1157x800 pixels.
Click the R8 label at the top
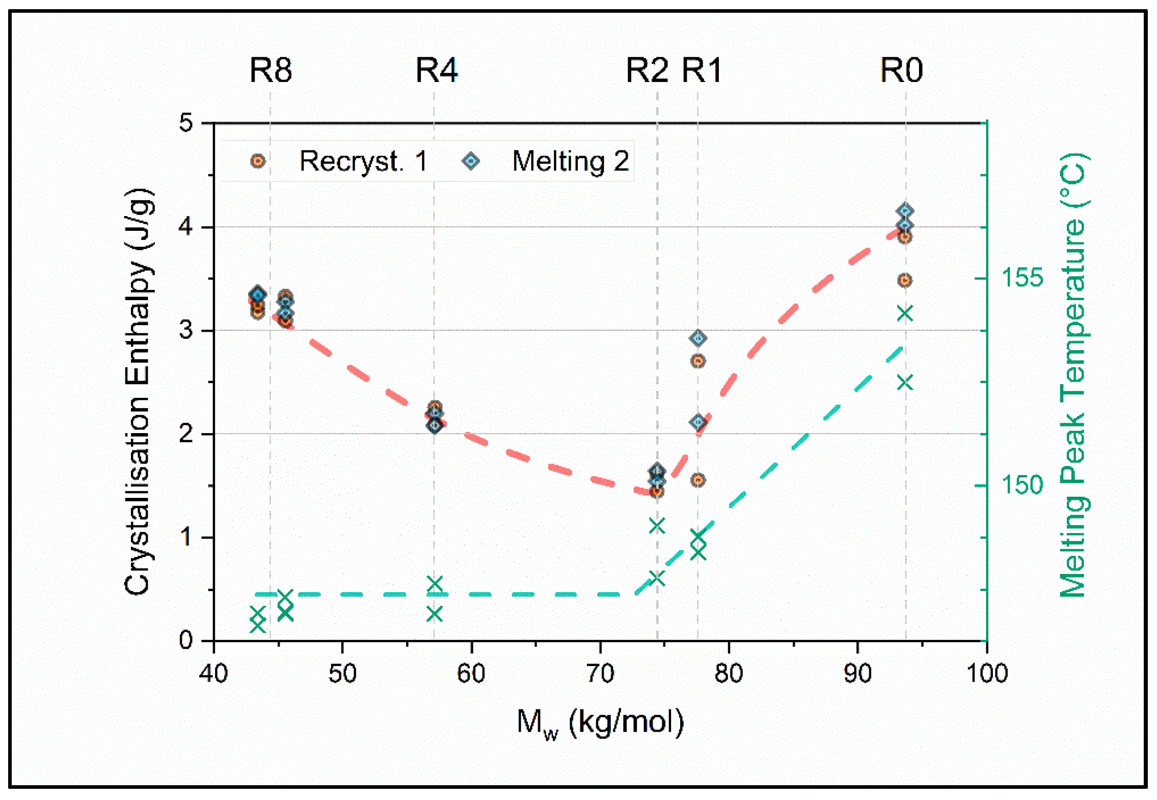[x=271, y=70]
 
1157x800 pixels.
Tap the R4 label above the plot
[x=437, y=70]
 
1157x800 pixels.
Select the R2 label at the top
[x=647, y=70]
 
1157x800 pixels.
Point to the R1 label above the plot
[x=702, y=70]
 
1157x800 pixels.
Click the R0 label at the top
[x=901, y=70]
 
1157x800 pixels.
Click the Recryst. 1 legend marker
[x=258, y=162]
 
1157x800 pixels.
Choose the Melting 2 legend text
[x=571, y=162]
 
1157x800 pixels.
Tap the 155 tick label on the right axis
[x=1022, y=278]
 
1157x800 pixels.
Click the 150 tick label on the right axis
[x=1022, y=485]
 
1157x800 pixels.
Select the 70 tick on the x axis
[x=600, y=674]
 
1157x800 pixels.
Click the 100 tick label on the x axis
[x=987, y=674]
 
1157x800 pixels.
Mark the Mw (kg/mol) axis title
[x=600, y=723]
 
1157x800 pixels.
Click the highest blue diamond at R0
[x=905, y=210]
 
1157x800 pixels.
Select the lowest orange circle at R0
[x=905, y=280]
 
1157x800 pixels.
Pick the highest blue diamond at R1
[x=698, y=338]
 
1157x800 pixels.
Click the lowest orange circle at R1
[x=698, y=480]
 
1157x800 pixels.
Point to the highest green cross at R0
[x=905, y=313]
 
